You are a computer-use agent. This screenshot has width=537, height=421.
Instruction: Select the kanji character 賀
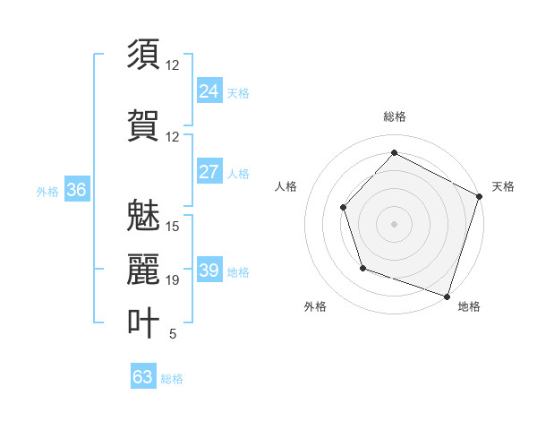[x=143, y=125]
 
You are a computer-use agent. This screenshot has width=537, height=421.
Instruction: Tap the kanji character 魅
[x=143, y=215]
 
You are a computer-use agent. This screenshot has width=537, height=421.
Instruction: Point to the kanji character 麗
[x=143, y=269]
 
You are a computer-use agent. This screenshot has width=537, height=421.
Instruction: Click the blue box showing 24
[x=209, y=91]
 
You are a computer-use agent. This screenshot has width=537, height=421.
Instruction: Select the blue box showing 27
[x=209, y=172]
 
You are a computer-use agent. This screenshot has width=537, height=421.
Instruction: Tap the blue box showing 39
[x=209, y=271]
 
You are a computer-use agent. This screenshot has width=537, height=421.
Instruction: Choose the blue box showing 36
[x=76, y=190]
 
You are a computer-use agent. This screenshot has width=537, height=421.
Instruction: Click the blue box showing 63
[x=143, y=377]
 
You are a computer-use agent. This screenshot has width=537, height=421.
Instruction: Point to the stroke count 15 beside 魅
[x=173, y=226]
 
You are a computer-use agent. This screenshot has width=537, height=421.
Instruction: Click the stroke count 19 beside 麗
[x=173, y=280]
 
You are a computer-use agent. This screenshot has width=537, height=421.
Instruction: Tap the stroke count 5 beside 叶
[x=172, y=334]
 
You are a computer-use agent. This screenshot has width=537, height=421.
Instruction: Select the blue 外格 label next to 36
[x=47, y=191]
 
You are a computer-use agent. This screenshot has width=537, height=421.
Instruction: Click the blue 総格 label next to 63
[x=172, y=379]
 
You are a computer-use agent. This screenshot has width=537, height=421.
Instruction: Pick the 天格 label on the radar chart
[x=503, y=186]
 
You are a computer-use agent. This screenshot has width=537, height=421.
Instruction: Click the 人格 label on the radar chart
[x=286, y=186]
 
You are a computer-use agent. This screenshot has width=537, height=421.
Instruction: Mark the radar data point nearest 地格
[x=447, y=295]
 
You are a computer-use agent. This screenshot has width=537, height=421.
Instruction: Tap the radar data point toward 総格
[x=394, y=152]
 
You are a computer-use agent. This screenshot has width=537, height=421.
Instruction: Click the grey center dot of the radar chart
[x=394, y=223]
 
